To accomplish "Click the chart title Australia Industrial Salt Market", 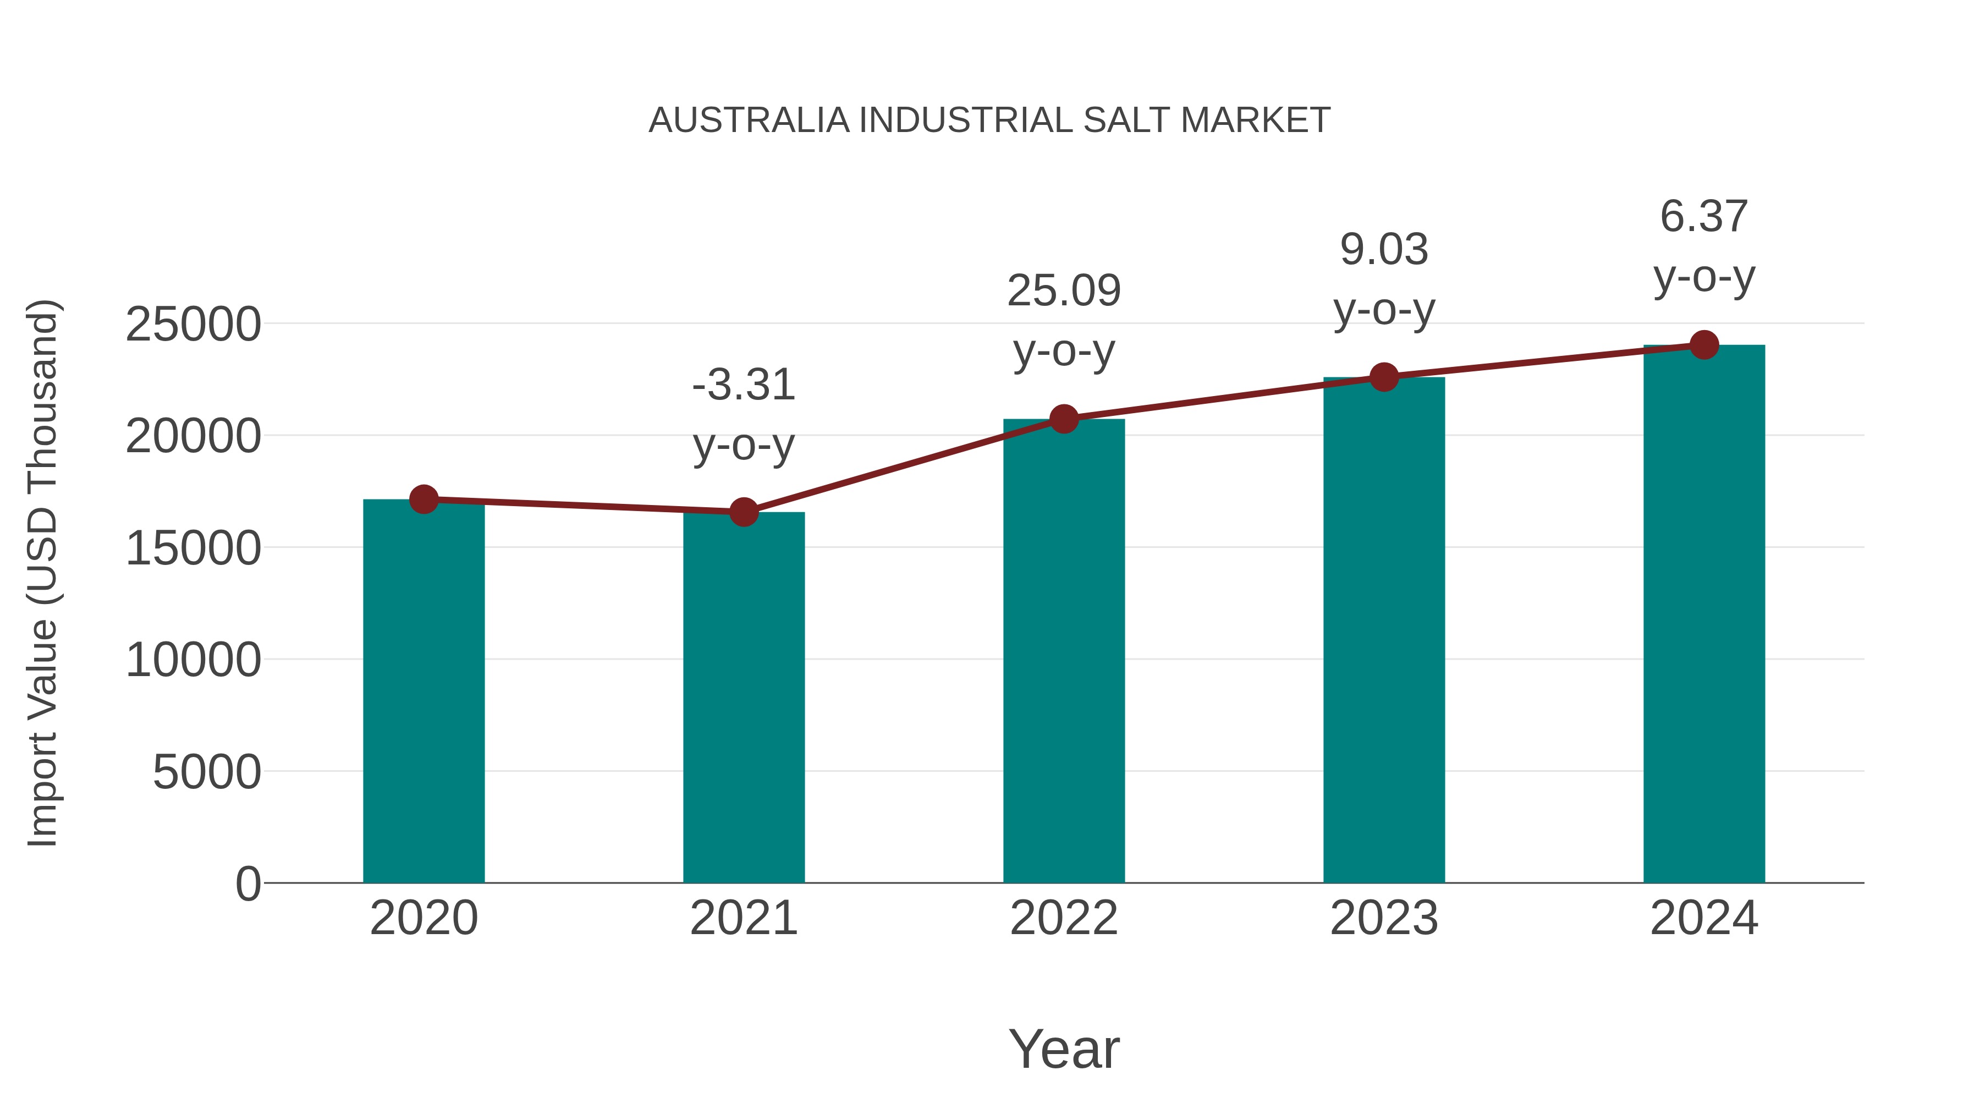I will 989,120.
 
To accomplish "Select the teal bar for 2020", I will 424,692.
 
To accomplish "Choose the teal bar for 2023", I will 1384,630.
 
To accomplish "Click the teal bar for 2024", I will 1704,614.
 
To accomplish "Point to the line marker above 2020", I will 424,500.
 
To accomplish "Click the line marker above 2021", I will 743,512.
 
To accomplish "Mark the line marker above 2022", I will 1064,419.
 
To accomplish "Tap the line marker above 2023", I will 1384,377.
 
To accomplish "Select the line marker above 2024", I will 1704,345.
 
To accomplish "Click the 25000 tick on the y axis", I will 193,325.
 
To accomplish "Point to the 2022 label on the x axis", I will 1064,918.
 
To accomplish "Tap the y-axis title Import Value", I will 43,573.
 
